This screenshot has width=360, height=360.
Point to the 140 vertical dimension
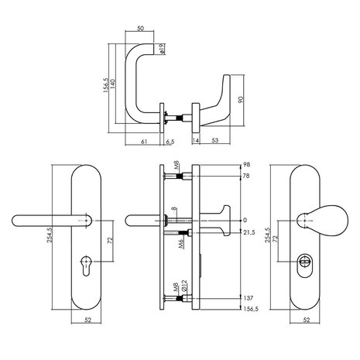pyautogui.click(x=113, y=82)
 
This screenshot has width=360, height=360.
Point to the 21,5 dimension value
pyautogui.click(x=248, y=233)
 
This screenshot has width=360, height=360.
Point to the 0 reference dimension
pyautogui.click(x=244, y=219)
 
